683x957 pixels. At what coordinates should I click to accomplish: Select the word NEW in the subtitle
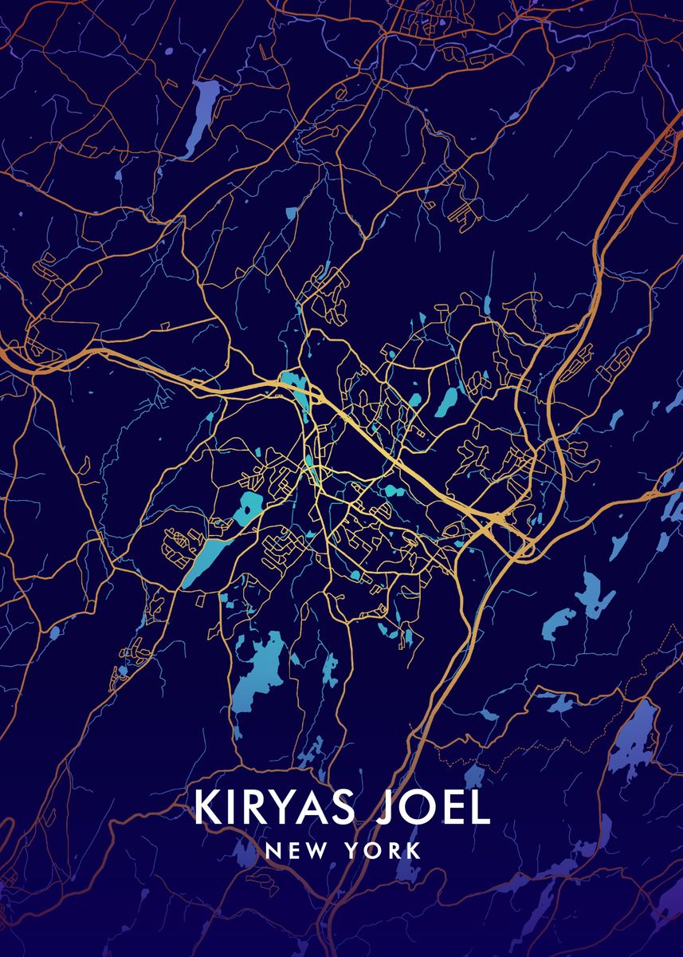(295, 850)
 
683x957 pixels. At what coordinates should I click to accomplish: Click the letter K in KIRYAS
(206, 808)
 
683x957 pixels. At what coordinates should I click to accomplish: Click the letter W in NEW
(312, 850)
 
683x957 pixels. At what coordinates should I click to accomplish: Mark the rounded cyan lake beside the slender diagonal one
(252, 505)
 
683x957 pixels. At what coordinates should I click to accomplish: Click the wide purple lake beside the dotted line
(634, 738)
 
